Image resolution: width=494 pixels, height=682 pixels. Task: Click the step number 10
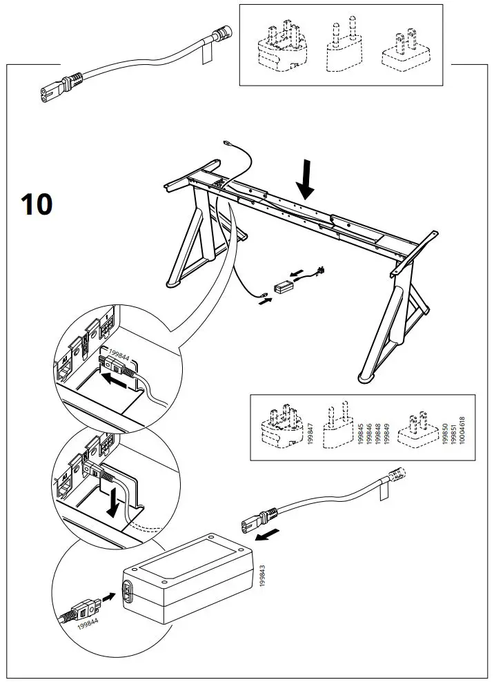(36, 204)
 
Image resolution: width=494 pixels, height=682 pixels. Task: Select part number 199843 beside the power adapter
(261, 574)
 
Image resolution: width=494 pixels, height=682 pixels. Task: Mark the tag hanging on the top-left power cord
(206, 54)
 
